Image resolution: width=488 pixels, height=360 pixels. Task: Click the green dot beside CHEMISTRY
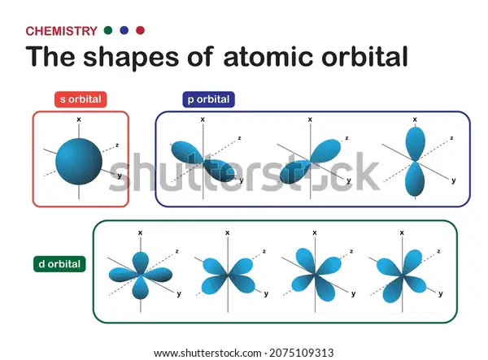108,30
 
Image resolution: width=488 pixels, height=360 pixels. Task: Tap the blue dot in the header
124,30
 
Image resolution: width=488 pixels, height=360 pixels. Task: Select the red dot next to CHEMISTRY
141,30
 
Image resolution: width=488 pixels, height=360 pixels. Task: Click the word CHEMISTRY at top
61,31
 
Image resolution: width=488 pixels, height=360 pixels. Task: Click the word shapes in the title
131,58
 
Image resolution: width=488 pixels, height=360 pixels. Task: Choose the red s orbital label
81,99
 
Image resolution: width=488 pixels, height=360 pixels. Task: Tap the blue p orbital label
208,99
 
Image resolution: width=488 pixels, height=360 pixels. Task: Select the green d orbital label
59,264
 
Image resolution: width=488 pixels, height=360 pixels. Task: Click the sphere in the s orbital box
79,162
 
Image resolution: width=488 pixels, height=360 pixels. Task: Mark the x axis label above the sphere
79,119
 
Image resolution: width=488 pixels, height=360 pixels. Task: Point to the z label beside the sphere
117,145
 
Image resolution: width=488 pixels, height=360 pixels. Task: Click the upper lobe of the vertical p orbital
415,144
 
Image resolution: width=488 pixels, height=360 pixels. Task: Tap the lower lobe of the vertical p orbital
415,179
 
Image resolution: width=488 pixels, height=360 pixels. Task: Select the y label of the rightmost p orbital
454,180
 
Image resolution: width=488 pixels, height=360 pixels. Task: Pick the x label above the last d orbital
402,232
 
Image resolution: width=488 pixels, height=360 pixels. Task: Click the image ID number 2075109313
301,353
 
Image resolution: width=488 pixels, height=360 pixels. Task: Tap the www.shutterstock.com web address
207,353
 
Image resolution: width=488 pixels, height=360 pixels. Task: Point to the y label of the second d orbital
266,294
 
